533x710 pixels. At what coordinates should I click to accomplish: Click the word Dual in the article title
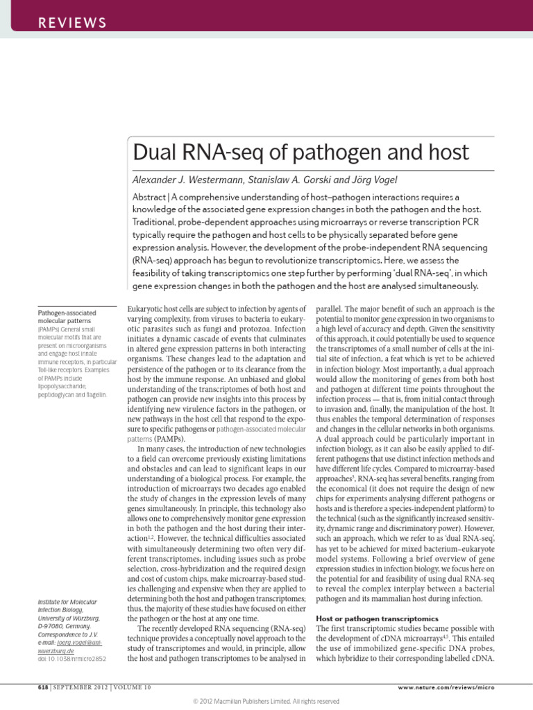click(156, 152)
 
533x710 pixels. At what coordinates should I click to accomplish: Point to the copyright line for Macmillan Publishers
click(266, 701)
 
